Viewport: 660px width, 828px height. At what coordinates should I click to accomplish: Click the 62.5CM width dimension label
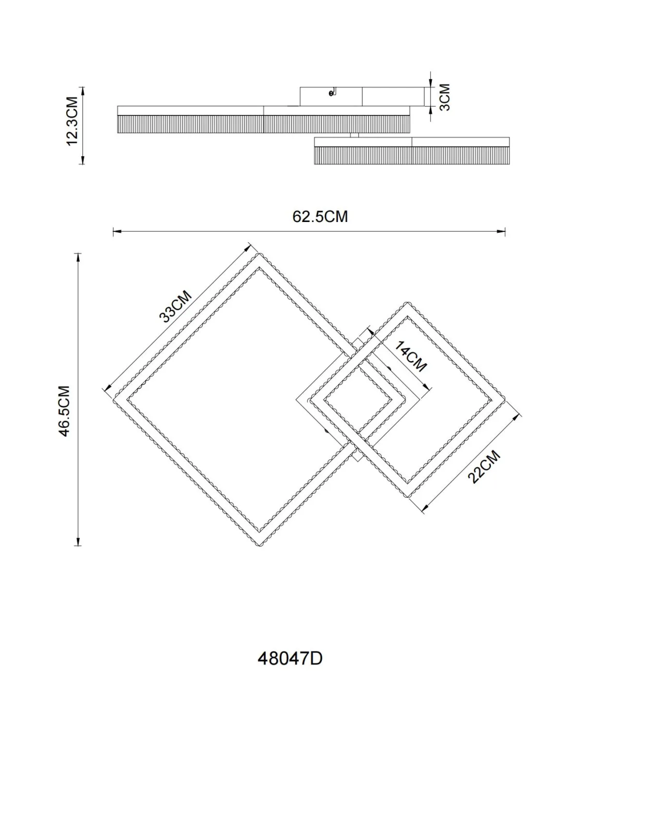pyautogui.click(x=320, y=217)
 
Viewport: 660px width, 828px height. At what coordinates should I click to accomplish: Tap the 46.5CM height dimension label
pyautogui.click(x=64, y=410)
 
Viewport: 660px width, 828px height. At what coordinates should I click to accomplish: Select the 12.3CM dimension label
pyautogui.click(x=72, y=121)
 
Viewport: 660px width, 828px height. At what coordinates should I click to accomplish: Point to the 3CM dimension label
pyautogui.click(x=445, y=97)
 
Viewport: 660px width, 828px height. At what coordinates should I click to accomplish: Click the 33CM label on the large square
pyautogui.click(x=175, y=307)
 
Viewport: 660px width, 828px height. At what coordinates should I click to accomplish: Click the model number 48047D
pyautogui.click(x=290, y=658)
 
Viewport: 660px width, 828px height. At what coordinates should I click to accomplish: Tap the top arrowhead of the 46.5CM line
pyautogui.click(x=79, y=257)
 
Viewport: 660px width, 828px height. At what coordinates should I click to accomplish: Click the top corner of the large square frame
pyautogui.click(x=260, y=254)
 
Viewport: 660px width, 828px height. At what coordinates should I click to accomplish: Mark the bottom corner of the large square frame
pyautogui.click(x=260, y=545)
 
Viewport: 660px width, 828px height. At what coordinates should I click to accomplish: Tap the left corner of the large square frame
pyautogui.click(x=114, y=400)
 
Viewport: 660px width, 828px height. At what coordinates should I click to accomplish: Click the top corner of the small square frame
pyautogui.click(x=407, y=303)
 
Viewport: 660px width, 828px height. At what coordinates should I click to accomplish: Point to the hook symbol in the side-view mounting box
pyautogui.click(x=333, y=92)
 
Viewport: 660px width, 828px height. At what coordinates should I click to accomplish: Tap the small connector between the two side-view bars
pyautogui.click(x=354, y=135)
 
